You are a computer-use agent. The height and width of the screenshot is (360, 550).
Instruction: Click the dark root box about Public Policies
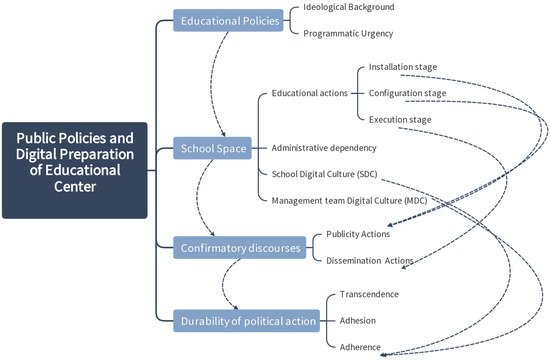click(x=75, y=170)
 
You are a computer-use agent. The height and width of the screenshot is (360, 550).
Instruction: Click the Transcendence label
click(x=369, y=294)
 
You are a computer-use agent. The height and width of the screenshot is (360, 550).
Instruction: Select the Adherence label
click(x=363, y=346)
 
